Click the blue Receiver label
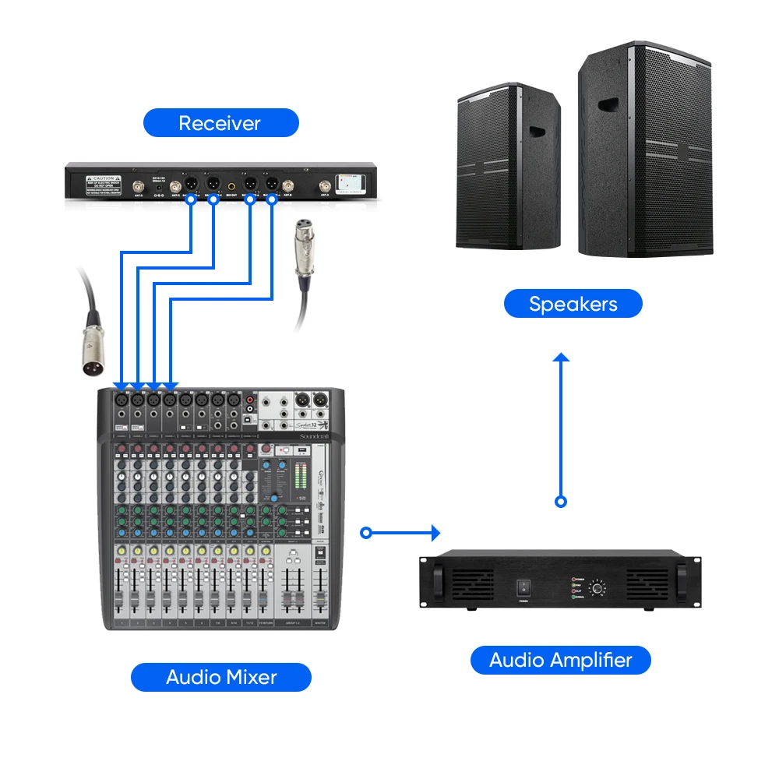click(x=220, y=123)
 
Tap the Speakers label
click(x=573, y=304)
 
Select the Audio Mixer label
click(x=220, y=676)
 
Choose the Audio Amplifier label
click(x=560, y=661)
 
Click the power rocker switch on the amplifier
click(x=524, y=589)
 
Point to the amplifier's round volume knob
click(x=597, y=589)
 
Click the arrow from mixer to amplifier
click(x=401, y=533)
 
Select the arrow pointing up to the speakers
click(x=561, y=428)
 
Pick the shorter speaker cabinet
click(x=508, y=167)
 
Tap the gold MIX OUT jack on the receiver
click(x=232, y=185)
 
